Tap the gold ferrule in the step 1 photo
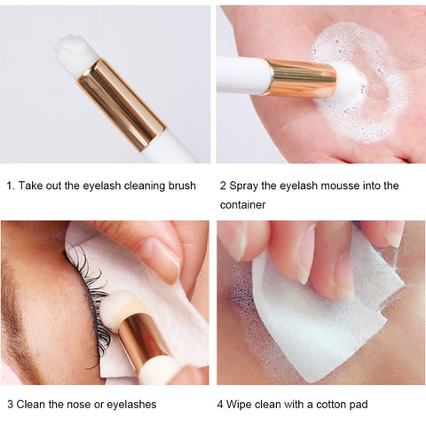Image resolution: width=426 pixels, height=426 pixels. [122, 105]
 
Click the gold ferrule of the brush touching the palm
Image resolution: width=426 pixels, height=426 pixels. [302, 78]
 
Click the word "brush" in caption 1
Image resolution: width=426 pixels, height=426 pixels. [182, 185]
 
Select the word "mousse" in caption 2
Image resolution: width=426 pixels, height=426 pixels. [340, 185]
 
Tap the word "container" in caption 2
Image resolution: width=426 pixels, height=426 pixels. [242, 205]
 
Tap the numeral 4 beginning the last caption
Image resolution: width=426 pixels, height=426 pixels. [220, 405]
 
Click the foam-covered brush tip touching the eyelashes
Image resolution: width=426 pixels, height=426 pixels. [118, 305]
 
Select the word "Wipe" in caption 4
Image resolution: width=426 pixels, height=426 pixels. [240, 405]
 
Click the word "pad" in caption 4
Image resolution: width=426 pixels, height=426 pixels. [359, 405]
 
